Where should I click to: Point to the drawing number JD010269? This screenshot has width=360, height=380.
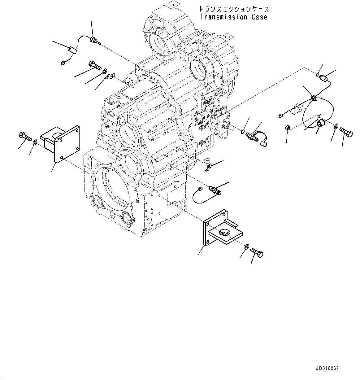click(x=327, y=368)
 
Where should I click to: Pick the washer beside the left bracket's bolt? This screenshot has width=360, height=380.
click(x=35, y=142)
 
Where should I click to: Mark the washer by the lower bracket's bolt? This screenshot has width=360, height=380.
click(x=247, y=247)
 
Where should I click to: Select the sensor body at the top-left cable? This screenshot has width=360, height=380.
click(x=93, y=40)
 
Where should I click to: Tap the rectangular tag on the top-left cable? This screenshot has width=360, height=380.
click(x=73, y=49)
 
